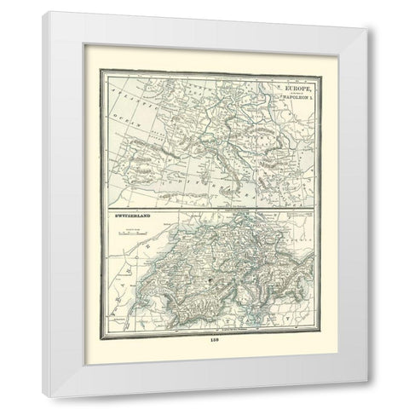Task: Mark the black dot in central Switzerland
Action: [x=207, y=278]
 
